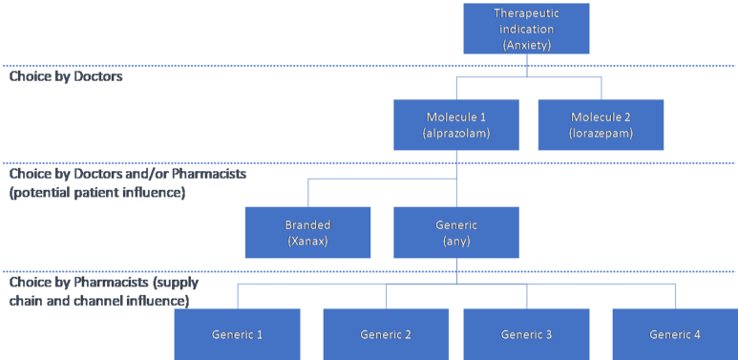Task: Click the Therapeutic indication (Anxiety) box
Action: (526, 29)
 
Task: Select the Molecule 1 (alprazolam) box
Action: (456, 125)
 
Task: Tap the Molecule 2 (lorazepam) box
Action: (601, 125)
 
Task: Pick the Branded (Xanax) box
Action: (307, 232)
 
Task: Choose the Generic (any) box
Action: (456, 232)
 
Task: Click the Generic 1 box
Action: (237, 334)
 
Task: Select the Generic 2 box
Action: (386, 334)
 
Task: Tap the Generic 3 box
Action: (526, 334)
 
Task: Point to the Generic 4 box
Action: (675, 334)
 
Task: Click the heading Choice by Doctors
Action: (66, 76)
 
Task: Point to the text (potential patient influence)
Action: (97, 193)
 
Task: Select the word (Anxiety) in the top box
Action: (526, 46)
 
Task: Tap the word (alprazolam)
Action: (456, 133)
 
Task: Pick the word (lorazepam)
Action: (601, 133)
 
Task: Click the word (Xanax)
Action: (307, 242)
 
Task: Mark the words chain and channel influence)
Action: (99, 300)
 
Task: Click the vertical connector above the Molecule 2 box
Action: (601, 88)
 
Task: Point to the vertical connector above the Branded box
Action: (307, 193)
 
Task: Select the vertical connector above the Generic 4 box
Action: (675, 296)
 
